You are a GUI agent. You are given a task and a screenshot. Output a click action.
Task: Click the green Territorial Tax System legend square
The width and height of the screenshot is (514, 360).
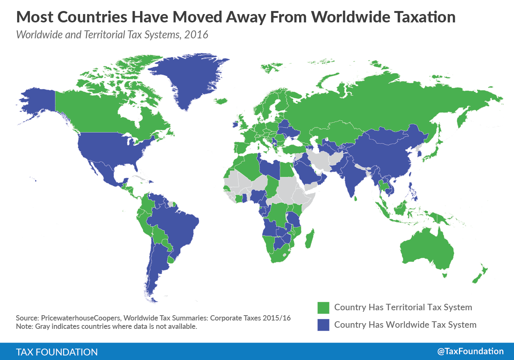coord(323,308)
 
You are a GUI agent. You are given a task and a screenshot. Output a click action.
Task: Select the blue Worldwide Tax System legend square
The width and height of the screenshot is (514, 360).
coord(323,325)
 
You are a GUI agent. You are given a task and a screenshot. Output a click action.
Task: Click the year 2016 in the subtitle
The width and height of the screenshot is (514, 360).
coord(196,35)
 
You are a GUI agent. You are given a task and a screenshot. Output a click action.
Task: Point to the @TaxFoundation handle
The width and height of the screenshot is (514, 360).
coord(470,351)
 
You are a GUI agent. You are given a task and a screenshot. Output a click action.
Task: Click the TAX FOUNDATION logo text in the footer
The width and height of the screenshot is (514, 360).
coord(57,352)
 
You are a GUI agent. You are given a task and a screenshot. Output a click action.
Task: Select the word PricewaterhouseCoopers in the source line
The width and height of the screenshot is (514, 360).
coord(80,318)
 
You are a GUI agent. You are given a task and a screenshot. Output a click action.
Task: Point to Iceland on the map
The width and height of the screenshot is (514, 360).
coord(221,101)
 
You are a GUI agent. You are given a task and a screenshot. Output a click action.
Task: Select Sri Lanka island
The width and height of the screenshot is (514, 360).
coord(356,198)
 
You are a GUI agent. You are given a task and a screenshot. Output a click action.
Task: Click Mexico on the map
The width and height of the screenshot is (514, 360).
coord(102,171)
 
